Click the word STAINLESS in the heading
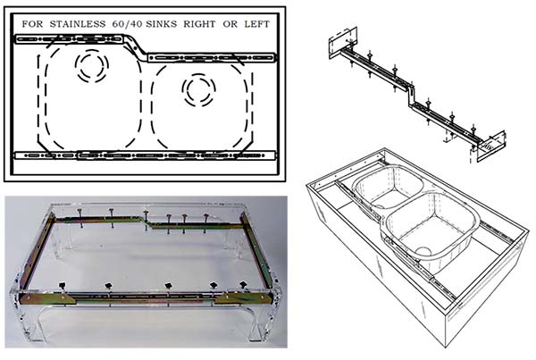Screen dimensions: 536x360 78,24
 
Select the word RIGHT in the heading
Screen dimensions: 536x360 199,24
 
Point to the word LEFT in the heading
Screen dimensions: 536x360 256,24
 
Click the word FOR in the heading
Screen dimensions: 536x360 33,24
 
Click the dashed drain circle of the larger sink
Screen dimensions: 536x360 92,65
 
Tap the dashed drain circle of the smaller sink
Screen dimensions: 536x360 198,89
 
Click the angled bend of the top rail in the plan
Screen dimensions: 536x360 135,46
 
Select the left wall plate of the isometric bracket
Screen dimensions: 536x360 342,42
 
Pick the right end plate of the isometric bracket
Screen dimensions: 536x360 491,147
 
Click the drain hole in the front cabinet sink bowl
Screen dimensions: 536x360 423,251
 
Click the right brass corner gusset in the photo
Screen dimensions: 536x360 244,298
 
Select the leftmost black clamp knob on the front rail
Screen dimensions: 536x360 62,285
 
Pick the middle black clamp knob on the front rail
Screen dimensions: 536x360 168,286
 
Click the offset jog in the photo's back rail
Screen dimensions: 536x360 147,222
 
